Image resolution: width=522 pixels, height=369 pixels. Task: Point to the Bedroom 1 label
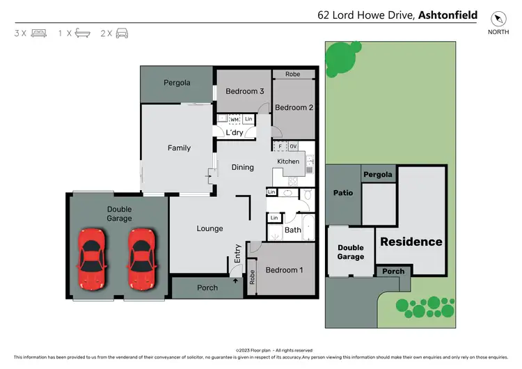[284, 269]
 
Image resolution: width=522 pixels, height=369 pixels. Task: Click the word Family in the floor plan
[179, 148]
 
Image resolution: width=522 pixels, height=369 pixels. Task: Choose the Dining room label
[242, 167]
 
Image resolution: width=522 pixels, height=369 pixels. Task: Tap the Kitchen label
[288, 162]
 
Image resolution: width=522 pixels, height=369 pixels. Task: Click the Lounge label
[209, 228]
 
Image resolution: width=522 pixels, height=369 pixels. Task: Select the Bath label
[293, 230]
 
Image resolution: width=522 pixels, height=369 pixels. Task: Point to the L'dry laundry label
[234, 133]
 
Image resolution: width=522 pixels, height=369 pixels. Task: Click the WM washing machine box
[235, 120]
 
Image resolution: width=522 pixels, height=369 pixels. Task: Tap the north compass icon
[497, 19]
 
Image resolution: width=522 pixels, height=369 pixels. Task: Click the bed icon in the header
[39, 33]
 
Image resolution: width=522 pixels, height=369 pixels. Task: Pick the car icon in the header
[122, 33]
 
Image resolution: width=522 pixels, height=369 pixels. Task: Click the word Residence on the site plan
[410, 242]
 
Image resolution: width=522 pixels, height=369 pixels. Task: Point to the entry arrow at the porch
[234, 281]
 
